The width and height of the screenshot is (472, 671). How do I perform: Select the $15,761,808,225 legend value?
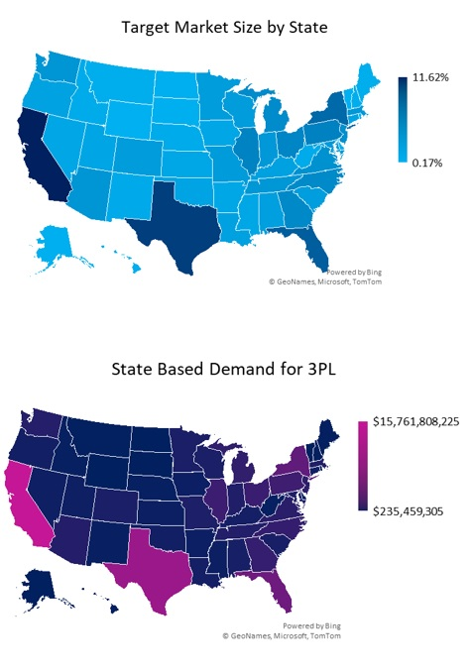coord(415,421)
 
